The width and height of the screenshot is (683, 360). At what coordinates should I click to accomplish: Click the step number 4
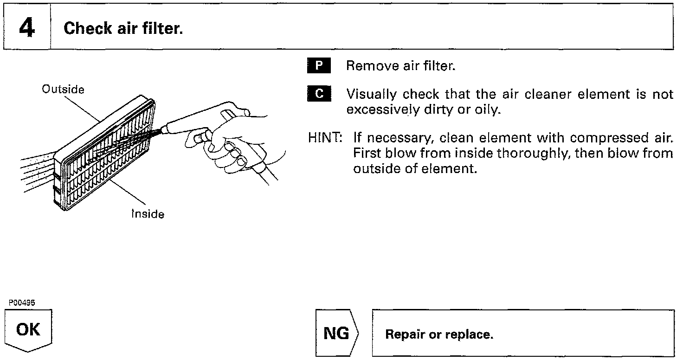(x=26, y=28)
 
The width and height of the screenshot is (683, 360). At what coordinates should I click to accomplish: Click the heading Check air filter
(x=123, y=29)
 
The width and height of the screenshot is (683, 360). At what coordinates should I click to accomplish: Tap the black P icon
(x=319, y=66)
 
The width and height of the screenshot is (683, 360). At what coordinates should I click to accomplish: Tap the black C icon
(x=319, y=94)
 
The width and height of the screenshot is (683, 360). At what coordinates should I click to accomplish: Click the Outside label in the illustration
(x=63, y=89)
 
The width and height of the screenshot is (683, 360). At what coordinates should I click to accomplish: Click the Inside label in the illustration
(x=148, y=214)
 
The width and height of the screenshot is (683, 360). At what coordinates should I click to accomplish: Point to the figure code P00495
(x=22, y=302)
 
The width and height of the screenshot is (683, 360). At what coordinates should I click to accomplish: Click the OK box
(x=28, y=330)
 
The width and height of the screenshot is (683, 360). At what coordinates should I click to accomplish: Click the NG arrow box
(x=337, y=334)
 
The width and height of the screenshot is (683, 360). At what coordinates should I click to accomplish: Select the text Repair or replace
(x=439, y=334)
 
